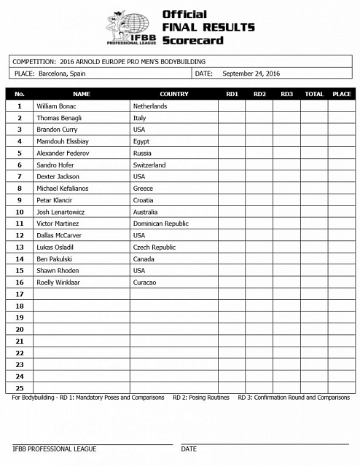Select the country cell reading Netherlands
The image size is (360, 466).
click(x=150, y=106)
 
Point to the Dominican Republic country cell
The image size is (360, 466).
click(x=160, y=224)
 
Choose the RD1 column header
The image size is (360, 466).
click(x=232, y=94)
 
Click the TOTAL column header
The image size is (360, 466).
click(x=313, y=94)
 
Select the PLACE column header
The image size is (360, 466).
click(x=341, y=94)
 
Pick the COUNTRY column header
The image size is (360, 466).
click(x=173, y=94)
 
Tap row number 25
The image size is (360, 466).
click(x=20, y=387)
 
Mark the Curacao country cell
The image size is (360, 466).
click(x=144, y=282)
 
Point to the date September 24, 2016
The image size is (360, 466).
click(x=251, y=74)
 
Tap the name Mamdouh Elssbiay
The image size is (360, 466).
click(x=63, y=141)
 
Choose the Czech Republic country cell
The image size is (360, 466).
click(x=154, y=247)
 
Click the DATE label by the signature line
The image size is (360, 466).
click(x=189, y=449)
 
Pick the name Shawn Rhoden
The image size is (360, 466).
click(x=57, y=270)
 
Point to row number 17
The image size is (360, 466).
click(x=20, y=294)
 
